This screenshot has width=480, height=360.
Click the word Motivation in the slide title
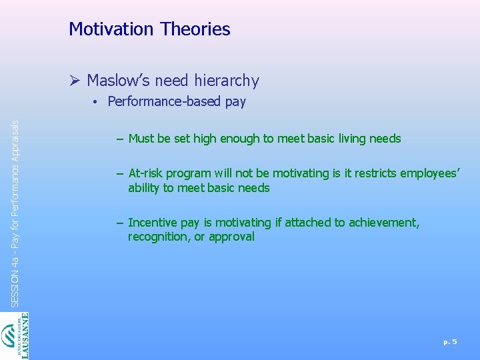tap(110, 29)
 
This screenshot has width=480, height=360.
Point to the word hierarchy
tap(227, 81)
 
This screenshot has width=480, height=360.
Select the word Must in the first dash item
tap(141, 139)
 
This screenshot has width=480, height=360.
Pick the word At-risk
tap(145, 173)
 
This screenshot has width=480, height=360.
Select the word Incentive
tap(154, 223)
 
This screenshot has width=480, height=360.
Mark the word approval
tap(233, 237)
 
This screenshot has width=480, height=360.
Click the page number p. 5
tap(450, 342)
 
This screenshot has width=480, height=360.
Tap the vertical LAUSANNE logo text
tap(25, 336)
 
